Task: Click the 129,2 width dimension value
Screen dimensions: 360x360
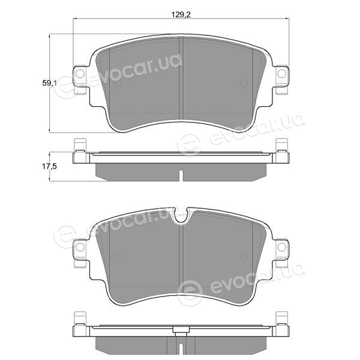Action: coord(181,14)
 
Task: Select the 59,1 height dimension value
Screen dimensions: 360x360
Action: coord(49,83)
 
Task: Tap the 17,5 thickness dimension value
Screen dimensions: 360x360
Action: coord(49,166)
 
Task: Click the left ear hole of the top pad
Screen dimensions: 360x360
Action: coord(80,73)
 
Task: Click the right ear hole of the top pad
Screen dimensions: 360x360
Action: coord(282,73)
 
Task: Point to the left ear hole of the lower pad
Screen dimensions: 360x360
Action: coord(80,247)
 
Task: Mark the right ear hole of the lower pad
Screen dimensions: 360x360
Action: coord(282,247)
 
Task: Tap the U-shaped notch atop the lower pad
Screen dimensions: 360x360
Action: coord(181,216)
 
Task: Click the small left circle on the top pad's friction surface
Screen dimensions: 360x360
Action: coord(118,83)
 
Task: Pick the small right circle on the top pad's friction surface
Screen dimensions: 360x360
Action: coord(244,83)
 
